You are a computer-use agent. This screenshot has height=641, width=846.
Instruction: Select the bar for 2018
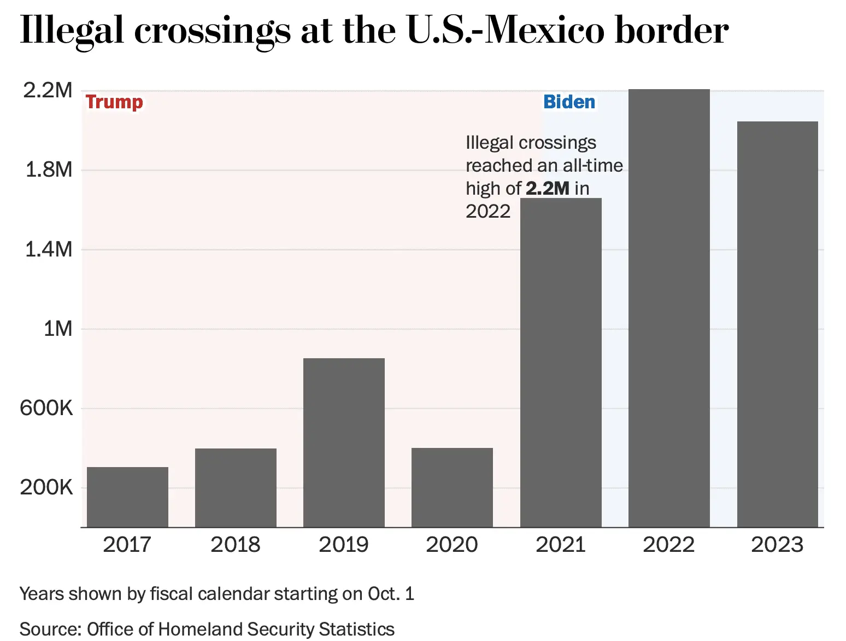[236, 487]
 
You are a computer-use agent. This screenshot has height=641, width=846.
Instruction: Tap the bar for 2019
[344, 442]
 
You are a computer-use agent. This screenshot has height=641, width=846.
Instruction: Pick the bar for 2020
[452, 487]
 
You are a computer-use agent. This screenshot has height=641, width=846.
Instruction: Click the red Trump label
[114, 102]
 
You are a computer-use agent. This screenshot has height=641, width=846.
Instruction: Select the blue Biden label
[569, 102]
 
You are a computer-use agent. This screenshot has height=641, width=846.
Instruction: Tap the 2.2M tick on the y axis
[48, 90]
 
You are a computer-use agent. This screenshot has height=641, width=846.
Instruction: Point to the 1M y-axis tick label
[57, 329]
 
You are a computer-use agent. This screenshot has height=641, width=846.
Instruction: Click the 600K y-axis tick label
[46, 408]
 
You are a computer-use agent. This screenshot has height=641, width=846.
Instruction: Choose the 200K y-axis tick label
[46, 487]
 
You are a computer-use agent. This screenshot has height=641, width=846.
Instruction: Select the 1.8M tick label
[49, 170]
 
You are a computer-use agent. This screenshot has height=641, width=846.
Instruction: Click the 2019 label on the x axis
[344, 545]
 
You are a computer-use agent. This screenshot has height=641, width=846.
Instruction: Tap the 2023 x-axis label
[777, 545]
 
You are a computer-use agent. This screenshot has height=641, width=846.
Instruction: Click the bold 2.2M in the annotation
[548, 189]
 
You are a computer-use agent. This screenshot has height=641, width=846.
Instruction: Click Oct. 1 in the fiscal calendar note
[391, 594]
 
